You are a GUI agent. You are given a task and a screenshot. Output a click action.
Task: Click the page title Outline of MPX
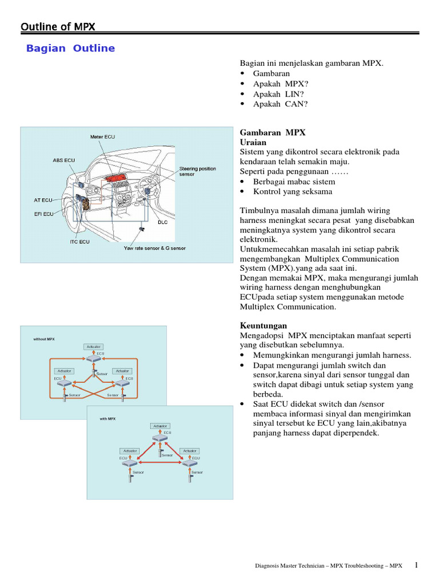pos(58,27)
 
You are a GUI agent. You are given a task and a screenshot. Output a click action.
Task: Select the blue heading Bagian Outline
pos(70,49)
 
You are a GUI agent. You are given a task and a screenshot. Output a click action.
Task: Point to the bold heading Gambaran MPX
pos(273,133)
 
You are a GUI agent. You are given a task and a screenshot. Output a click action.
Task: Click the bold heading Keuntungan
pos(263,326)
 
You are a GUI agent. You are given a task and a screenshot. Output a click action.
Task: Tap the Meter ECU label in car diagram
pos(102,137)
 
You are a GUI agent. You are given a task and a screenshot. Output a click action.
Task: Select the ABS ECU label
pos(63,161)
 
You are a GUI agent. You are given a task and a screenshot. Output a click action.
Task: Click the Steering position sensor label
pos(198,171)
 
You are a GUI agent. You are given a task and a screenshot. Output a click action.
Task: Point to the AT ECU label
pos(43,201)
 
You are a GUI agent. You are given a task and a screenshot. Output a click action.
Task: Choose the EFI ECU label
pos(45,214)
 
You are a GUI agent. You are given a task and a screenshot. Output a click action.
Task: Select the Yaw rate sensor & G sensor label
pos(154,249)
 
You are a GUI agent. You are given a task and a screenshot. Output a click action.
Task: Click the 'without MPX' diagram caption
pos(44,339)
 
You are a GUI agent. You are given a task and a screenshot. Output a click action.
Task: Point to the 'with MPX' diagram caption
pos(107,419)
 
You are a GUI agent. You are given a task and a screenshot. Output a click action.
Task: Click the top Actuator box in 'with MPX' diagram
pos(160,426)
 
